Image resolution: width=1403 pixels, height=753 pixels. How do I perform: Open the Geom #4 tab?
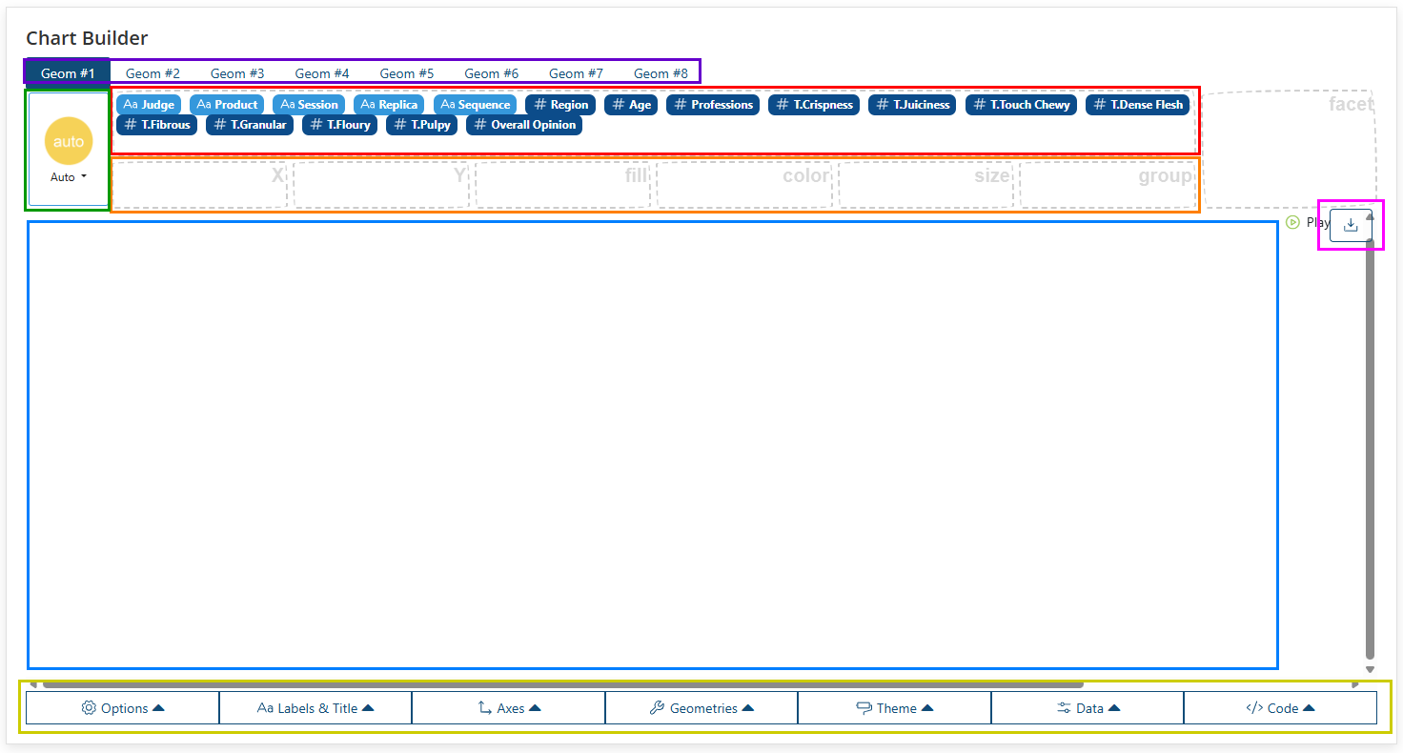click(x=322, y=73)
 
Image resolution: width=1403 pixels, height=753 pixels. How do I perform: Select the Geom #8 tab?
click(x=661, y=73)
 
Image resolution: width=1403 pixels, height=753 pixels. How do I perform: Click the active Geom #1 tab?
click(x=68, y=73)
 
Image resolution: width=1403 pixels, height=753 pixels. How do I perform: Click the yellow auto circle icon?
click(x=69, y=141)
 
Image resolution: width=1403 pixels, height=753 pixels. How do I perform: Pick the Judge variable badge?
click(x=149, y=105)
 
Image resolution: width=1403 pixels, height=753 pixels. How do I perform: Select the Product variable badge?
click(x=227, y=105)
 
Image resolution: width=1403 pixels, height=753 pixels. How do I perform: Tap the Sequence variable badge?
click(x=475, y=105)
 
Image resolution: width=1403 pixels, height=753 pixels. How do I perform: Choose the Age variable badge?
click(x=631, y=105)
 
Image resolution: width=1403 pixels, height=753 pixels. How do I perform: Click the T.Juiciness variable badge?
click(x=912, y=105)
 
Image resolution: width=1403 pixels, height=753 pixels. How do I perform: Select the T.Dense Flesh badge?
click(x=1137, y=105)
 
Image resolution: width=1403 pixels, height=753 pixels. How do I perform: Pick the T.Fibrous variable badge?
click(x=156, y=125)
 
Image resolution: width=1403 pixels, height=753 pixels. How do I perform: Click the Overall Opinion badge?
click(x=524, y=125)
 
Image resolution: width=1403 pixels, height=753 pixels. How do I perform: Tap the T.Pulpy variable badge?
click(x=421, y=125)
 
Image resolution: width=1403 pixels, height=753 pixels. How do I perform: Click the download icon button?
click(x=1351, y=225)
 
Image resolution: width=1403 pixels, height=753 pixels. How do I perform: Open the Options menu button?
click(x=123, y=708)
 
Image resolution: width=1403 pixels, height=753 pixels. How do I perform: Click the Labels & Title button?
click(x=315, y=708)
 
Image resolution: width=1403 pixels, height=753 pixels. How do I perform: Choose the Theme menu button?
click(x=894, y=708)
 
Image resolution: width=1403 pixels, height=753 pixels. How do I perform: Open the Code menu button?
click(x=1280, y=708)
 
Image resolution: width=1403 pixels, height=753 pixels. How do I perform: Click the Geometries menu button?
click(x=701, y=708)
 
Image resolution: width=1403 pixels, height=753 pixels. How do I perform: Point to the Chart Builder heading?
click(x=87, y=38)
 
